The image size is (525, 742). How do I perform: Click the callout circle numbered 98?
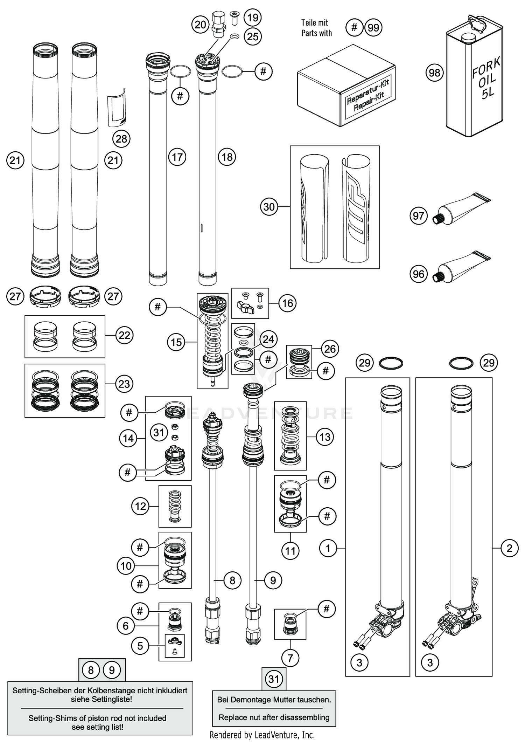click(434, 73)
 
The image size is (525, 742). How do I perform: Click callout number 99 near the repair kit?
click(373, 28)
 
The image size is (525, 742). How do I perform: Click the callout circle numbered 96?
click(418, 274)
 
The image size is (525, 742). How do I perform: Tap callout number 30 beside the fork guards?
click(269, 207)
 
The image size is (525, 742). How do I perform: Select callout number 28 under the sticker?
click(121, 139)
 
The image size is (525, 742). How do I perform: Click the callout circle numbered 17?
click(177, 157)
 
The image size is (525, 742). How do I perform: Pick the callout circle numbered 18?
click(227, 157)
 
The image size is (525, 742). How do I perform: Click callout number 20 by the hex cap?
click(200, 25)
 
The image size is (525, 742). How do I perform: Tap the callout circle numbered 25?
click(253, 36)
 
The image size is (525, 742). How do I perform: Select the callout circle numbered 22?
click(124, 335)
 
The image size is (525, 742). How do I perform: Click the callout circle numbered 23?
click(124, 384)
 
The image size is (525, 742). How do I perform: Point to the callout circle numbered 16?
click(287, 303)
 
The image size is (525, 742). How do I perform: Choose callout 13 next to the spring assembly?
click(325, 437)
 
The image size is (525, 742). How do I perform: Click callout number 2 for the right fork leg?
click(509, 548)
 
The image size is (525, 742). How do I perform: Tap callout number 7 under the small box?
click(290, 658)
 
